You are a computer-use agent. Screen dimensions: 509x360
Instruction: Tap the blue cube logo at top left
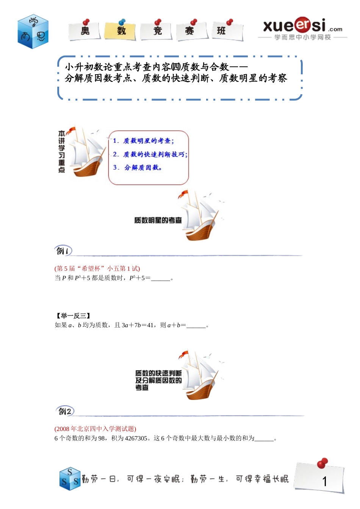click(x=33, y=32)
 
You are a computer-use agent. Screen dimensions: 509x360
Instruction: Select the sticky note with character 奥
click(x=85, y=31)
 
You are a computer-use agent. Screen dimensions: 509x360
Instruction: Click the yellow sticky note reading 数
click(x=121, y=31)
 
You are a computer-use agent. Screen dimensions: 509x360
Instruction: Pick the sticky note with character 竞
click(x=157, y=31)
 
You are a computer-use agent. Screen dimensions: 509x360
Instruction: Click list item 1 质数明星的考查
click(x=144, y=141)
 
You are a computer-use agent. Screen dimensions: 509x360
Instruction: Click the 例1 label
click(x=63, y=251)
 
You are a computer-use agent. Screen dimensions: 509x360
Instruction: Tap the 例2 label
click(x=65, y=411)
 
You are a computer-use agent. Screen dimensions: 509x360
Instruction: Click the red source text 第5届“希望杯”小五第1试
click(x=97, y=269)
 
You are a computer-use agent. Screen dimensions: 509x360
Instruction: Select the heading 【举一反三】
click(x=73, y=315)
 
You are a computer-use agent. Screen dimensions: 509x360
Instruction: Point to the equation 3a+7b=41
click(x=138, y=325)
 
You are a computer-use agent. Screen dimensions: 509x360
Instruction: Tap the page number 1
click(x=324, y=481)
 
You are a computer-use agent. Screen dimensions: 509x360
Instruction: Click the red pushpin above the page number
click(x=322, y=463)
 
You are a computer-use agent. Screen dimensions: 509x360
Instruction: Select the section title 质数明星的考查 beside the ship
click(x=158, y=220)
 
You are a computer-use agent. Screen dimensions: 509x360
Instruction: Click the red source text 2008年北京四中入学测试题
click(x=95, y=429)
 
